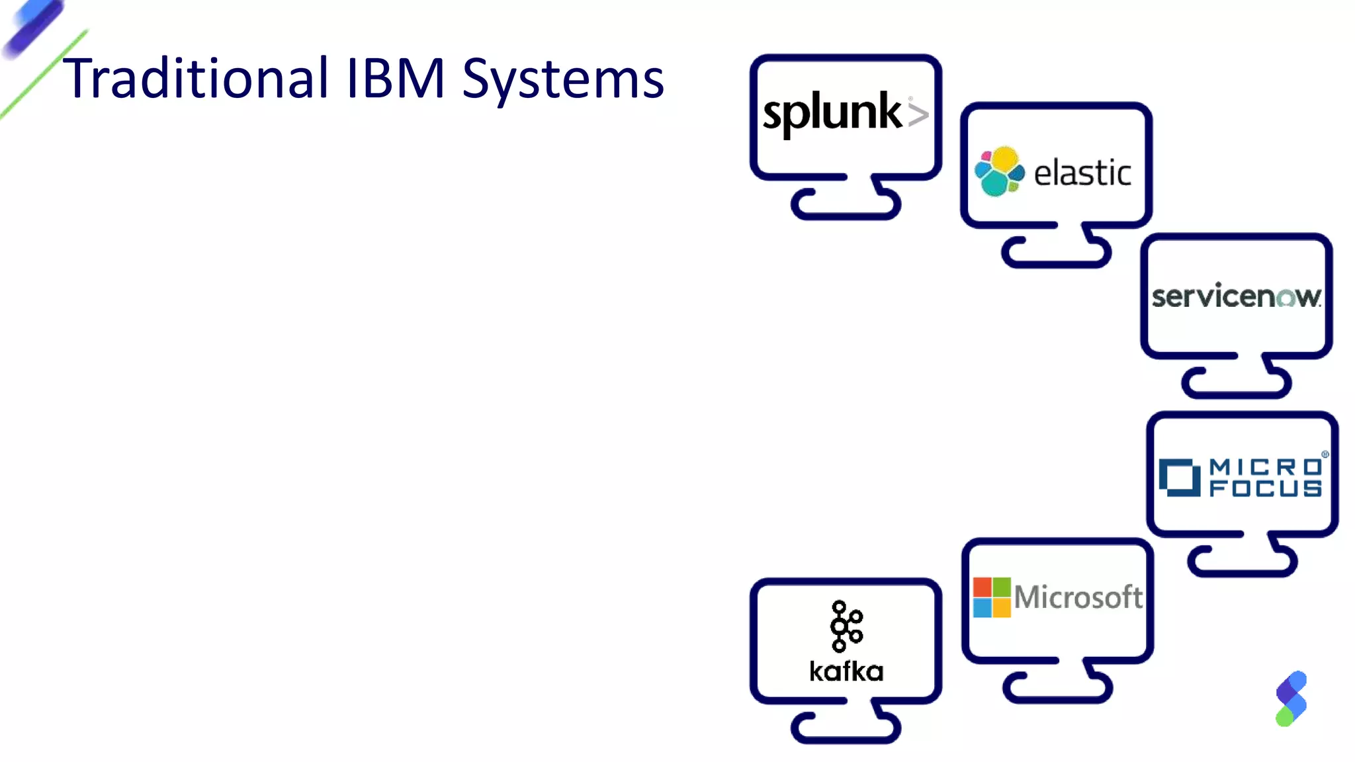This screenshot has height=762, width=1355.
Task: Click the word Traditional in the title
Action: pyautogui.click(x=195, y=78)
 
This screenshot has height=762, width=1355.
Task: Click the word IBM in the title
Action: pyautogui.click(x=394, y=78)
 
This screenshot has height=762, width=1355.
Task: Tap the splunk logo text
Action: pyautogui.click(x=832, y=112)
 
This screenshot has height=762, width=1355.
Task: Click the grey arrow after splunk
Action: pyautogui.click(x=918, y=114)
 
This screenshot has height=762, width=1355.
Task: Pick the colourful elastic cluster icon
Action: pyautogui.click(x=999, y=171)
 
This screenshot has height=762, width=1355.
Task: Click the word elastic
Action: pyautogui.click(x=1082, y=173)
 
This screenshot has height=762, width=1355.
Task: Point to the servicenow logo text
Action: pyautogui.click(x=1236, y=296)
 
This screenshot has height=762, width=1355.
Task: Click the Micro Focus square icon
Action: pyautogui.click(x=1179, y=477)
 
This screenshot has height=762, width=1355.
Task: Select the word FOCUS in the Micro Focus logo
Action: pyautogui.click(x=1265, y=488)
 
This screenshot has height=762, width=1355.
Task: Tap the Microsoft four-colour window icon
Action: pyautogui.click(x=991, y=597)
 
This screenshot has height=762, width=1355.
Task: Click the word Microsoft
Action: pyautogui.click(x=1078, y=597)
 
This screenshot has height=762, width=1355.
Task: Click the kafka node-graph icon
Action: pyautogui.click(x=846, y=626)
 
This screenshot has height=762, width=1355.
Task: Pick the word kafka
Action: pyautogui.click(x=846, y=671)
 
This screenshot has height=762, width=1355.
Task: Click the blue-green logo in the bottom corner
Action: pyautogui.click(x=1291, y=698)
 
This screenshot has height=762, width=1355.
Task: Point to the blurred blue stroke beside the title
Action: pyautogui.click(x=33, y=28)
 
